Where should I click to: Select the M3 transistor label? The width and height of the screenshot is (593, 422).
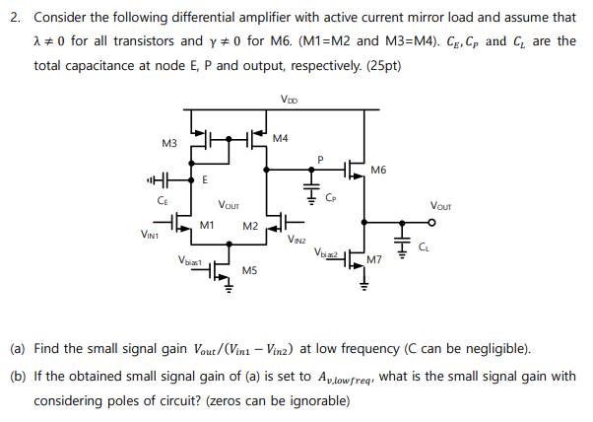pos(168,144)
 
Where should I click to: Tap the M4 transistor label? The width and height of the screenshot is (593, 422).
pos(281,138)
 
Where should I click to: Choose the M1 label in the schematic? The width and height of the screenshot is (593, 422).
pos(207,225)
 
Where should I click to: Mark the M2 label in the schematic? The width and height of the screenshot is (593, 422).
pos(250,226)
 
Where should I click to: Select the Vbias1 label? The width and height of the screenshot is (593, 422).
pos(190,260)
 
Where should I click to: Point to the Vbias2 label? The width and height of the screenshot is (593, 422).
pos(327,253)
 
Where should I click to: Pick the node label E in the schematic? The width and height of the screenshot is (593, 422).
pos(204,179)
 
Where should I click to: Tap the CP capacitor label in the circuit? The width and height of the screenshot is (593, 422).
pos(330,197)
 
